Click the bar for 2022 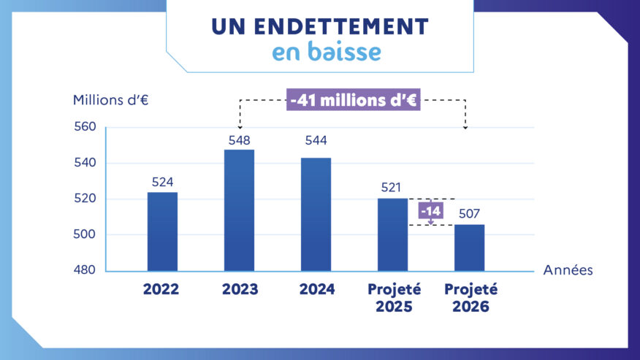tap(162, 231)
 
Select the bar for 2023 tap(240, 210)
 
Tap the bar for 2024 tap(316, 214)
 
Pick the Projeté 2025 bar tap(393, 234)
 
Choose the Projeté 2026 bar tap(470, 248)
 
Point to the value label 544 tap(316, 140)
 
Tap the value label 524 tap(162, 182)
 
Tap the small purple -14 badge tap(430, 212)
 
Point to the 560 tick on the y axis tap(85, 127)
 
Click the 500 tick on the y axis tap(85, 235)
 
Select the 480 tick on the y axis tap(85, 270)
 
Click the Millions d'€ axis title tap(111, 100)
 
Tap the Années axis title tap(568, 270)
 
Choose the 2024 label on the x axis tap(316, 290)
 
